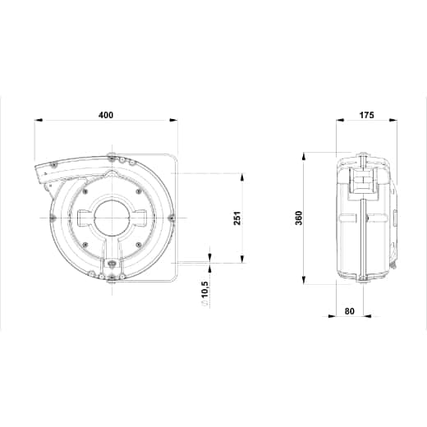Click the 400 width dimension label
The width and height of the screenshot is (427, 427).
point(106,115)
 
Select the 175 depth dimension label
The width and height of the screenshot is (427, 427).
point(366,115)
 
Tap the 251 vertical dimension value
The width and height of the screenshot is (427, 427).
point(237,218)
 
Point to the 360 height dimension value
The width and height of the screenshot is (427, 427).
point(299,218)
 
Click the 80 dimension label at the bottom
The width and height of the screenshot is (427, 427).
point(350,311)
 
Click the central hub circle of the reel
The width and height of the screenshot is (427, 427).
point(112,218)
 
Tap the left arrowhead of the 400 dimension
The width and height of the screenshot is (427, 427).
point(39,120)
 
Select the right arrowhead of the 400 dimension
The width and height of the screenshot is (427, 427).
point(173,120)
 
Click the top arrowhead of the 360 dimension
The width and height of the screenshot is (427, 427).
point(303,158)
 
